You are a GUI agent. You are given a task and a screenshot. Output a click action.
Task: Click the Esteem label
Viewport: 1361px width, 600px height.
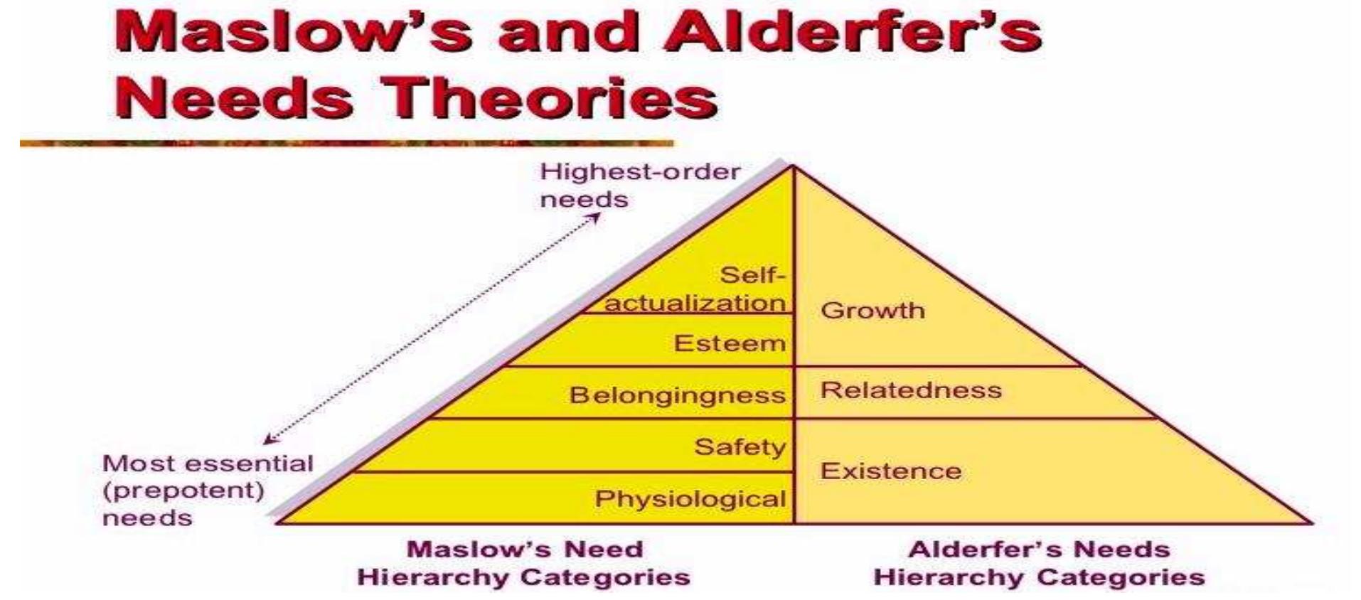point(730,343)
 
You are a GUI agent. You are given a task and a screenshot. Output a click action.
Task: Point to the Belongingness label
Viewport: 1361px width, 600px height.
point(677,395)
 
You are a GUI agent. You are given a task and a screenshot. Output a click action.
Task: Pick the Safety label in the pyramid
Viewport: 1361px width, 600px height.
point(740,446)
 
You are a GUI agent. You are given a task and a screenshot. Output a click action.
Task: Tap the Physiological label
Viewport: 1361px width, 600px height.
point(690,498)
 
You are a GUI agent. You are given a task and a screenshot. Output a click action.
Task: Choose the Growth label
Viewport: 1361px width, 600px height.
point(872,310)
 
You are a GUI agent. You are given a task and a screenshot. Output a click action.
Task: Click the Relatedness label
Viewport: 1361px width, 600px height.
point(911,390)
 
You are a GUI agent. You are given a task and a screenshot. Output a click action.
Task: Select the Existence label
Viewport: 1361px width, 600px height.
point(891,471)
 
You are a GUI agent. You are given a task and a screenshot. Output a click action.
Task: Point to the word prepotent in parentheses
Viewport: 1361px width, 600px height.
point(183,491)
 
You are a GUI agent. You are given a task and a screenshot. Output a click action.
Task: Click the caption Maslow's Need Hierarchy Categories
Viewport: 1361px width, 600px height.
point(524,563)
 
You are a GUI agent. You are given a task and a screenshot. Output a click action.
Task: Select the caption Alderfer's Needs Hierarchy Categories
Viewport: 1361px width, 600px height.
point(1039,563)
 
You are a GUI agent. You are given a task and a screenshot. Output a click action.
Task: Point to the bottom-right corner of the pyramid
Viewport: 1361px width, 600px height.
point(1310,523)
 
